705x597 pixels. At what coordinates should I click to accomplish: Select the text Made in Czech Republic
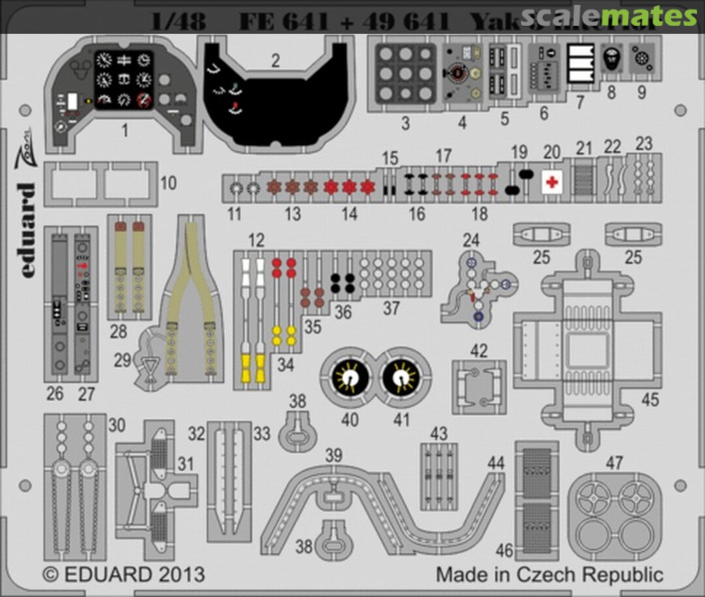[x=550, y=575]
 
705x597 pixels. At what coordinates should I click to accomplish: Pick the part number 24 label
[x=471, y=240]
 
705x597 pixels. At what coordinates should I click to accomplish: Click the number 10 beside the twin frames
[x=168, y=183]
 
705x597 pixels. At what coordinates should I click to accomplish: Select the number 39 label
[x=334, y=456]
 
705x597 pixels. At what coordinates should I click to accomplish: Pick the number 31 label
[x=186, y=464]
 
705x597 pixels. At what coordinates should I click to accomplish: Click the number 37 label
[x=391, y=309]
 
